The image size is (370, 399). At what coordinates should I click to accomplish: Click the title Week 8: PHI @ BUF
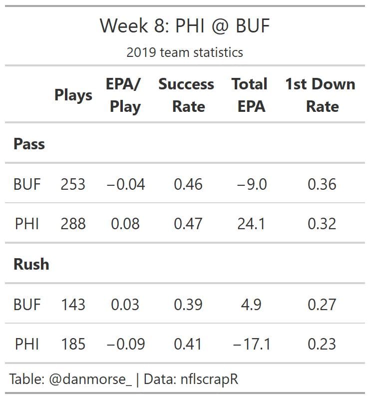(x=185, y=25)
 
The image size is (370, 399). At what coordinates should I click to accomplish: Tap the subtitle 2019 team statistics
(x=185, y=52)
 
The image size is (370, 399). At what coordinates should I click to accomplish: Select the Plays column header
(x=73, y=95)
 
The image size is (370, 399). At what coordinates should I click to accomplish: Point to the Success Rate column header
(x=186, y=95)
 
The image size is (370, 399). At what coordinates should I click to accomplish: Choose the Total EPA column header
(x=250, y=95)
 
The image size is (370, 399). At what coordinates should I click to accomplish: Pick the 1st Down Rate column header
(x=321, y=95)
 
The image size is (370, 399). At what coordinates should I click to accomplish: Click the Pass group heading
(x=29, y=144)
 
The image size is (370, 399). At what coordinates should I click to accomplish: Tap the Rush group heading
(x=31, y=264)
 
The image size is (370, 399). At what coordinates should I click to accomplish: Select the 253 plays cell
(x=73, y=184)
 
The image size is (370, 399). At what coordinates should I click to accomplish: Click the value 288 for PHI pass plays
(x=73, y=224)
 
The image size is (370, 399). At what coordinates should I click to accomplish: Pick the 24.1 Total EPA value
(x=251, y=224)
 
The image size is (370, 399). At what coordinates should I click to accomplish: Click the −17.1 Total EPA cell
(x=251, y=344)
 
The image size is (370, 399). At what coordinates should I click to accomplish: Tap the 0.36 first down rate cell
(x=322, y=184)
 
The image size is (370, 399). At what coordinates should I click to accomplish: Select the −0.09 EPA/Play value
(x=125, y=344)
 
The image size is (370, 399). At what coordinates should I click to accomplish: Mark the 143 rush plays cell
(x=73, y=304)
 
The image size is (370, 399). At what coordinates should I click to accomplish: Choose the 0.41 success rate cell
(x=188, y=344)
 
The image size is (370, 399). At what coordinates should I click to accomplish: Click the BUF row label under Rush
(x=27, y=304)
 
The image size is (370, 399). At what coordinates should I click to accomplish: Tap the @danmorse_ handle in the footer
(x=90, y=380)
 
